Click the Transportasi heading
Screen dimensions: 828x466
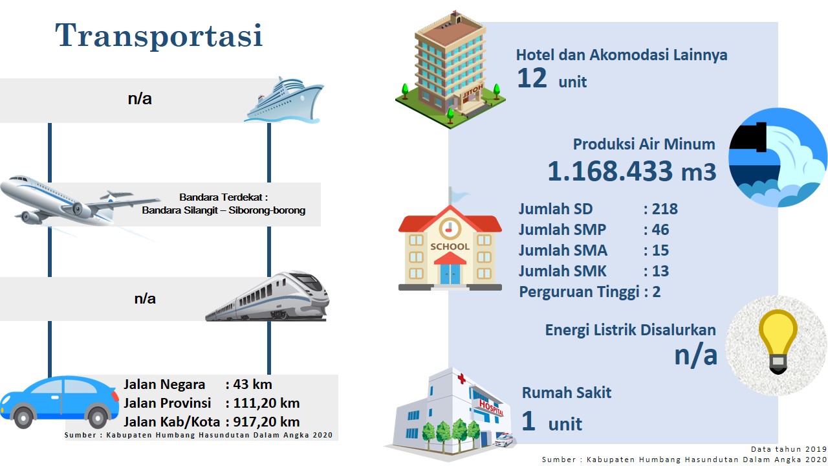click(159, 35)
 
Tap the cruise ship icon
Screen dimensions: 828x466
click(284, 100)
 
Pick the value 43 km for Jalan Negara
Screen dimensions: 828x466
click(252, 384)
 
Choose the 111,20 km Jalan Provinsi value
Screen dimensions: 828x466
click(266, 403)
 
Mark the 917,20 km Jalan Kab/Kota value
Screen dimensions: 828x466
click(266, 422)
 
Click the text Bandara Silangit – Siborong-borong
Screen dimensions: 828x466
click(224, 210)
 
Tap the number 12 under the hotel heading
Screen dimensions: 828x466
click(532, 78)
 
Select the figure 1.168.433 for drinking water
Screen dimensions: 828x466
click(610, 172)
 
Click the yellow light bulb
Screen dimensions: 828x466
click(778, 341)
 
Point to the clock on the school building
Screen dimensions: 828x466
click(450, 228)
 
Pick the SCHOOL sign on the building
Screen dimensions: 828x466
click(450, 247)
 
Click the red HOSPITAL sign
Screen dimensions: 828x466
click(491, 408)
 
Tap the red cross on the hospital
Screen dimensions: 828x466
click(461, 379)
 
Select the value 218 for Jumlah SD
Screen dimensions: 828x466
click(665, 209)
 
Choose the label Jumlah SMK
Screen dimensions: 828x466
click(563, 271)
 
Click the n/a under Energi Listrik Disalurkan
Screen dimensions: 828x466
click(695, 355)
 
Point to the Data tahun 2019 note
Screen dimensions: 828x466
click(789, 449)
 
